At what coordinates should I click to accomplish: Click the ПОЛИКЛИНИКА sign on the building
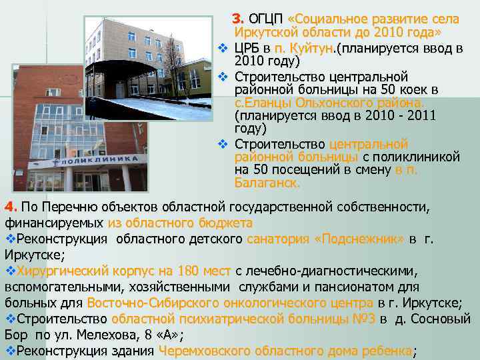pyautogui.click(x=100, y=160)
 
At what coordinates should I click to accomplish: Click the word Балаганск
pyautogui.click(x=267, y=182)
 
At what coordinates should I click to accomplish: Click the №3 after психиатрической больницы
pyautogui.click(x=361, y=319)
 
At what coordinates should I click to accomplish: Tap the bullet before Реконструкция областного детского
pyautogui.click(x=10, y=239)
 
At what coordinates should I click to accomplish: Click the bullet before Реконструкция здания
pyautogui.click(x=10, y=351)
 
